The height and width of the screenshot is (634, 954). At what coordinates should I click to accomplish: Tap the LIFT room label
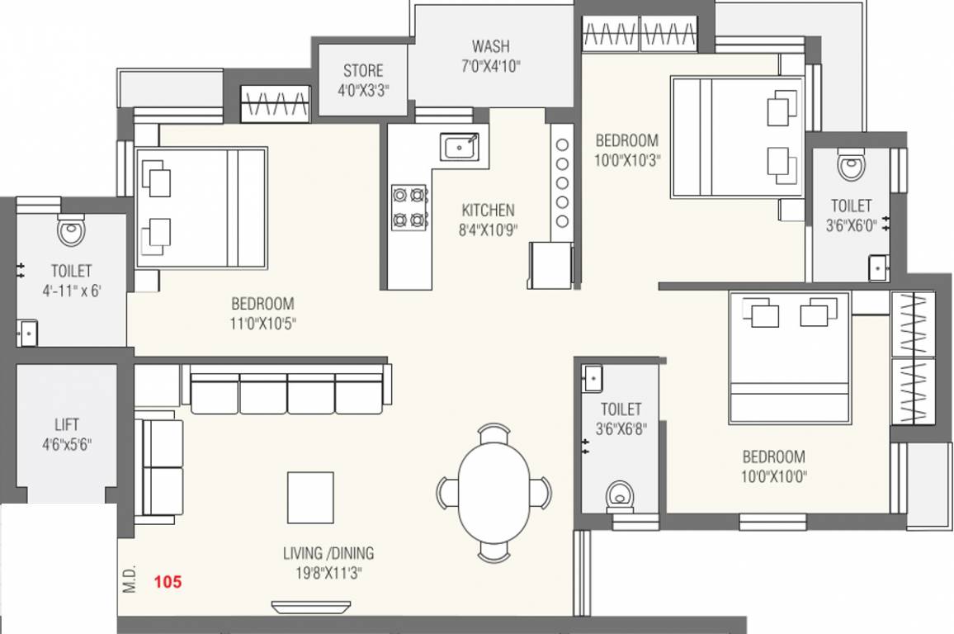67,425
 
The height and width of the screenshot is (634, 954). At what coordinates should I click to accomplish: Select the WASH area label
490,45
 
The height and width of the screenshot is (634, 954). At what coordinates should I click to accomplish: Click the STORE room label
363,71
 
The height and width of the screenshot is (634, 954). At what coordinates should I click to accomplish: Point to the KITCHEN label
488,211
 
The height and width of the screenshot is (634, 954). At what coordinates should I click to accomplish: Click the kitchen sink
459,147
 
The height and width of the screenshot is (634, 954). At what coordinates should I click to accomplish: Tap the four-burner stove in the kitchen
409,207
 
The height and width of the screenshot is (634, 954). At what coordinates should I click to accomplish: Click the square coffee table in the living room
310,497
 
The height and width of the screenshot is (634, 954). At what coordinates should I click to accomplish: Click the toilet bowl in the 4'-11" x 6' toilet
72,229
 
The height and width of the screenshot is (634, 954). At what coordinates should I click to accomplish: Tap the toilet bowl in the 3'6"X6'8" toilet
619,497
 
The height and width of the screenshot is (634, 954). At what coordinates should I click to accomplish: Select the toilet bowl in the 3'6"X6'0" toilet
851,165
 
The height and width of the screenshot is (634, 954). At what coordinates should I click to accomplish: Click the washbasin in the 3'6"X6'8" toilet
592,378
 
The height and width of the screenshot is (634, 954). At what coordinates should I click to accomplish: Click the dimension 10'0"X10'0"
773,475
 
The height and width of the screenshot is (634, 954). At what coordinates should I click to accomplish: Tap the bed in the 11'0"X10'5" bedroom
201,207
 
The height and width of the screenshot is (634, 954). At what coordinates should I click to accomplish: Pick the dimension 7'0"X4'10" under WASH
490,65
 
